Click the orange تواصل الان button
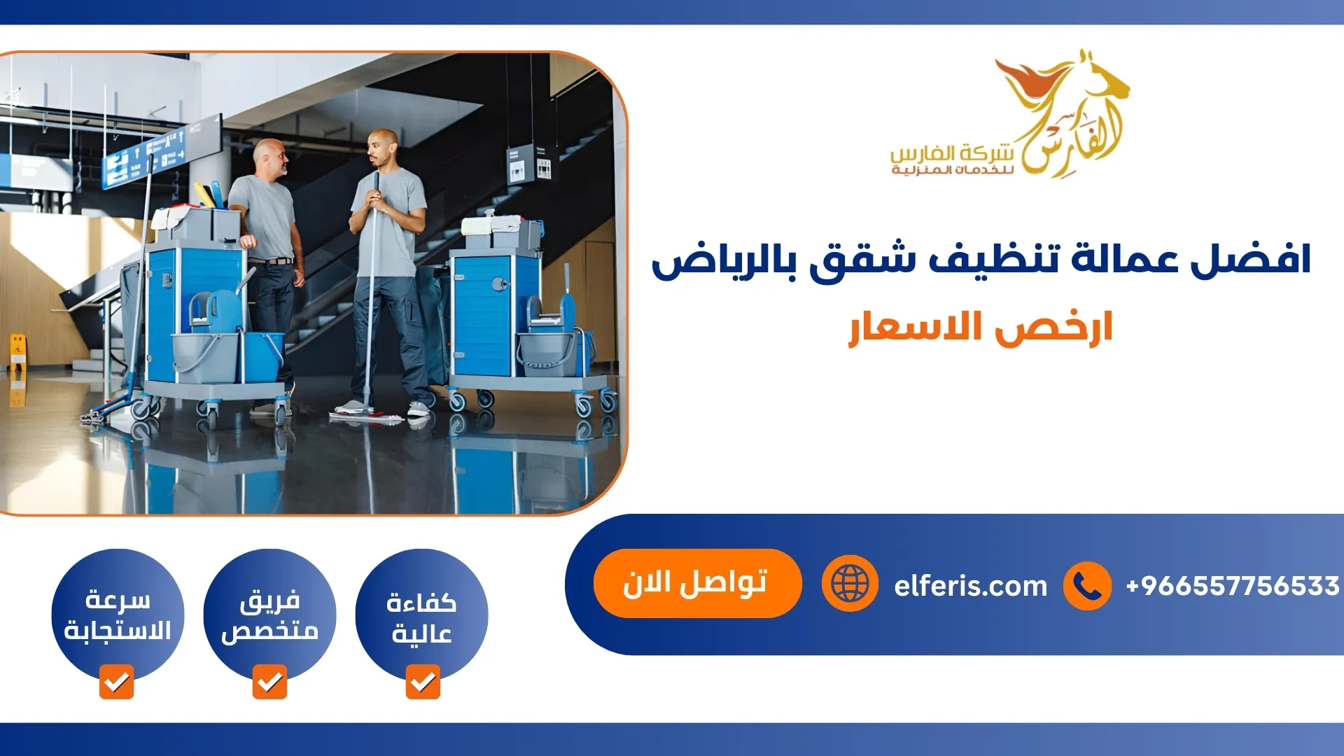696,583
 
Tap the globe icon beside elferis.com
850,583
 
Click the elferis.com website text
970,586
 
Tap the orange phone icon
1086,586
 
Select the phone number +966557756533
1232,586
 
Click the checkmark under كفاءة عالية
423,682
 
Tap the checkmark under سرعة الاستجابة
116,682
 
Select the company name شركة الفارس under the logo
952,153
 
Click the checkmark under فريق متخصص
269,682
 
